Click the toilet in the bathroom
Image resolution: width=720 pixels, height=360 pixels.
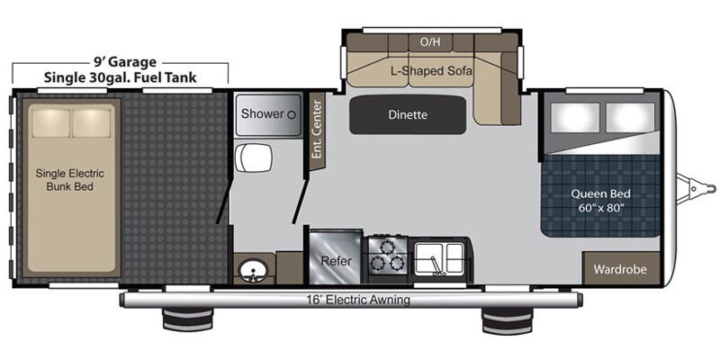point(254,158)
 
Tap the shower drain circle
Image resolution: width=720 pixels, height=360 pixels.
point(291,115)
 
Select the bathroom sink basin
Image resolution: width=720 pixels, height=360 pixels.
point(251,271)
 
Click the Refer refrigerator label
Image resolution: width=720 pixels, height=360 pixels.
point(336,261)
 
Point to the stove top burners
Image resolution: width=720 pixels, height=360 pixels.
point(385,256)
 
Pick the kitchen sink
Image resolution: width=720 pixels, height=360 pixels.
point(439,259)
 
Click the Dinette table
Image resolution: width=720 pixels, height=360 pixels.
point(408,115)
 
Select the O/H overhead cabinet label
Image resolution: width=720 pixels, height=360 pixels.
point(430,42)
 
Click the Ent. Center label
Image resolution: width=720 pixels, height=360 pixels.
point(317,129)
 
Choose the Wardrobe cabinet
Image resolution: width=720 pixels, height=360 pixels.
point(620,269)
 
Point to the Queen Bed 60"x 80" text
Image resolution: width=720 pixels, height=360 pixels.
point(599,201)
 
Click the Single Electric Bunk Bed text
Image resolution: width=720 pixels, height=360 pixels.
point(70,180)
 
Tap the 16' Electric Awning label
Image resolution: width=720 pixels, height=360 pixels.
point(357,301)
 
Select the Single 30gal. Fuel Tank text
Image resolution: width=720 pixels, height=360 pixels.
point(121,77)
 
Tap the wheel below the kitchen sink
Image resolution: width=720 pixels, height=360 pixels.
point(507,320)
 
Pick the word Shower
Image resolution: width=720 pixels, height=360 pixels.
point(262,113)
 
